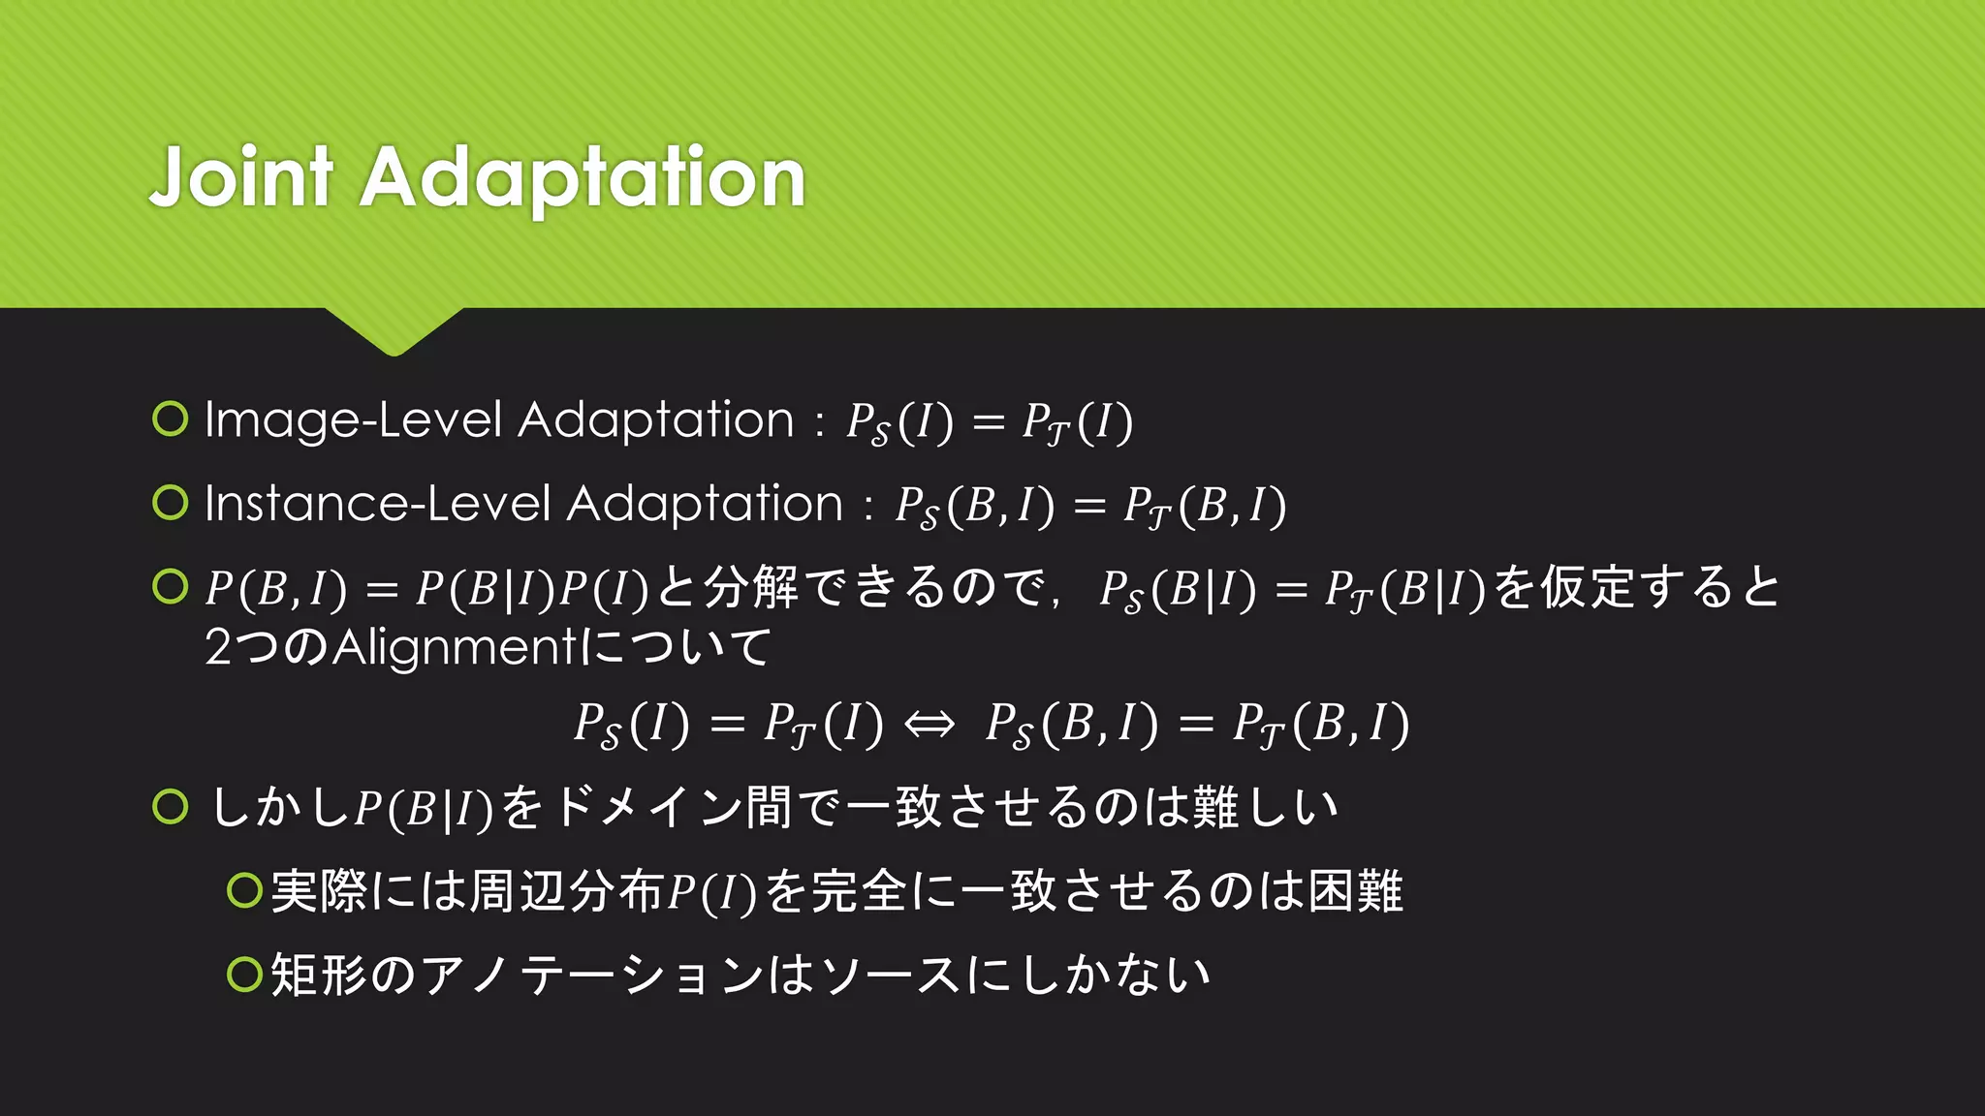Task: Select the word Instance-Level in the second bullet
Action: (x=378, y=505)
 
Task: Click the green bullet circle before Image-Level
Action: (x=171, y=418)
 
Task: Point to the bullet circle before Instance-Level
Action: (x=171, y=502)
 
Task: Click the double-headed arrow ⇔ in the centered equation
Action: (x=929, y=724)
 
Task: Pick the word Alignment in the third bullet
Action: (x=456, y=647)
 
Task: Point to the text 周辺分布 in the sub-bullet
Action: (x=565, y=891)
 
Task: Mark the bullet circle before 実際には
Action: (x=244, y=890)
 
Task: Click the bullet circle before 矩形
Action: (x=244, y=974)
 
